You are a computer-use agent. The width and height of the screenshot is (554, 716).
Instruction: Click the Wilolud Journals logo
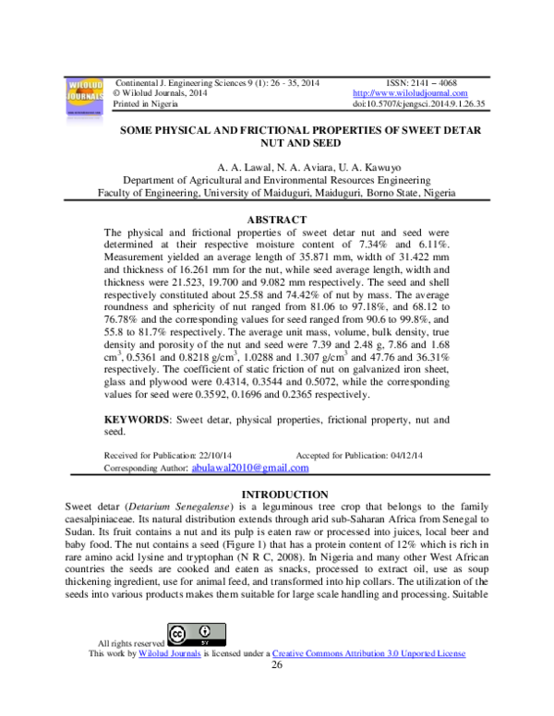pyautogui.click(x=85, y=97)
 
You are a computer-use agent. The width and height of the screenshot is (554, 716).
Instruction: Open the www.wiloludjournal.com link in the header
pyautogui.click(x=410, y=93)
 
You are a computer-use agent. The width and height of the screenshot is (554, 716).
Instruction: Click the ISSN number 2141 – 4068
pyautogui.click(x=434, y=83)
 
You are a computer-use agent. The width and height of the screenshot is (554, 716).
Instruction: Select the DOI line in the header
pyautogui.click(x=418, y=103)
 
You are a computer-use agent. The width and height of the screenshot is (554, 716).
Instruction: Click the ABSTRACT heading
pyautogui.click(x=277, y=220)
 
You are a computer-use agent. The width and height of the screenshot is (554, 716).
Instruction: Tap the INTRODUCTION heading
pyautogui.click(x=284, y=495)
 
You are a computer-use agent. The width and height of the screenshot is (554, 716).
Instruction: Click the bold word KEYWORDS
pyautogui.click(x=137, y=420)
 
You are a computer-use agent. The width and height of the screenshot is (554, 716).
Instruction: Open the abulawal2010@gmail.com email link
pyautogui.click(x=250, y=468)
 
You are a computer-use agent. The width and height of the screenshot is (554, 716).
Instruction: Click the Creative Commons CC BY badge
pyautogui.click(x=197, y=635)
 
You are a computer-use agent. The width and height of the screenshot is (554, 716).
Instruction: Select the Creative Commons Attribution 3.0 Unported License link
pyautogui.click(x=369, y=653)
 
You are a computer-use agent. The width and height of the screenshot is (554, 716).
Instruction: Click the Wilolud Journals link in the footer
pyautogui.click(x=170, y=653)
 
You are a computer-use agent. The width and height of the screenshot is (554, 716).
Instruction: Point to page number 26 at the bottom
pyautogui.click(x=277, y=665)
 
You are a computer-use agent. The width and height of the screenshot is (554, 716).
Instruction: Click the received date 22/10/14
pyautogui.click(x=215, y=455)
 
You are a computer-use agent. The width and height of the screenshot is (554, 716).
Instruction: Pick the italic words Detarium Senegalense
pyautogui.click(x=179, y=507)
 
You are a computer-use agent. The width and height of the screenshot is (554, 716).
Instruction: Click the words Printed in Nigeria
pyautogui.click(x=145, y=104)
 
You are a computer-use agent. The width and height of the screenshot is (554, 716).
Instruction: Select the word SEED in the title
pyautogui.click(x=328, y=143)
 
